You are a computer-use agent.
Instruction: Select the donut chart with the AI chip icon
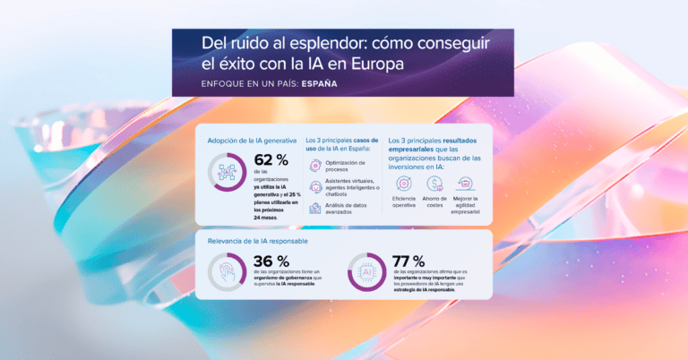pyautogui.click(x=366, y=272)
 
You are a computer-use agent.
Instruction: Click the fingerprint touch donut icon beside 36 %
pyautogui.click(x=227, y=272)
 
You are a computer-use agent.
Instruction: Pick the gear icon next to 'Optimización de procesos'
pyautogui.click(x=314, y=166)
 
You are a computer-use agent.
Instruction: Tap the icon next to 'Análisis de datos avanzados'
pyautogui.click(x=314, y=208)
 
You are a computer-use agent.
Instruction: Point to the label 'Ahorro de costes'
pyautogui.click(x=435, y=201)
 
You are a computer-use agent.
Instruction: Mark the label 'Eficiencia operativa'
pyautogui.click(x=404, y=201)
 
